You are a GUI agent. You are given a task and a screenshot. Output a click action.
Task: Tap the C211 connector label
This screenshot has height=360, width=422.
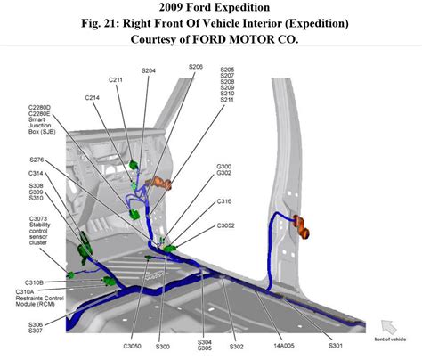click(116, 80)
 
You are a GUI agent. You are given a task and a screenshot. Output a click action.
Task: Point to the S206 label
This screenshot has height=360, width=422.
click(196, 67)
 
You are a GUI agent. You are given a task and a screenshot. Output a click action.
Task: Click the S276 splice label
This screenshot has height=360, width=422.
click(37, 160)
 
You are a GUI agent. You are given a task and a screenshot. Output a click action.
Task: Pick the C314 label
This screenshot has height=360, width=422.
click(37, 173)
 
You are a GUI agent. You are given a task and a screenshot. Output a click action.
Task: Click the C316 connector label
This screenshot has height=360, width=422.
click(224, 202)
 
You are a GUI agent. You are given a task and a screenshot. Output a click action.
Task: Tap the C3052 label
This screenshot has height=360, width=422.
click(227, 225)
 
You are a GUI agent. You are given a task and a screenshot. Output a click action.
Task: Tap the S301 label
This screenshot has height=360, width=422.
click(335, 344)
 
